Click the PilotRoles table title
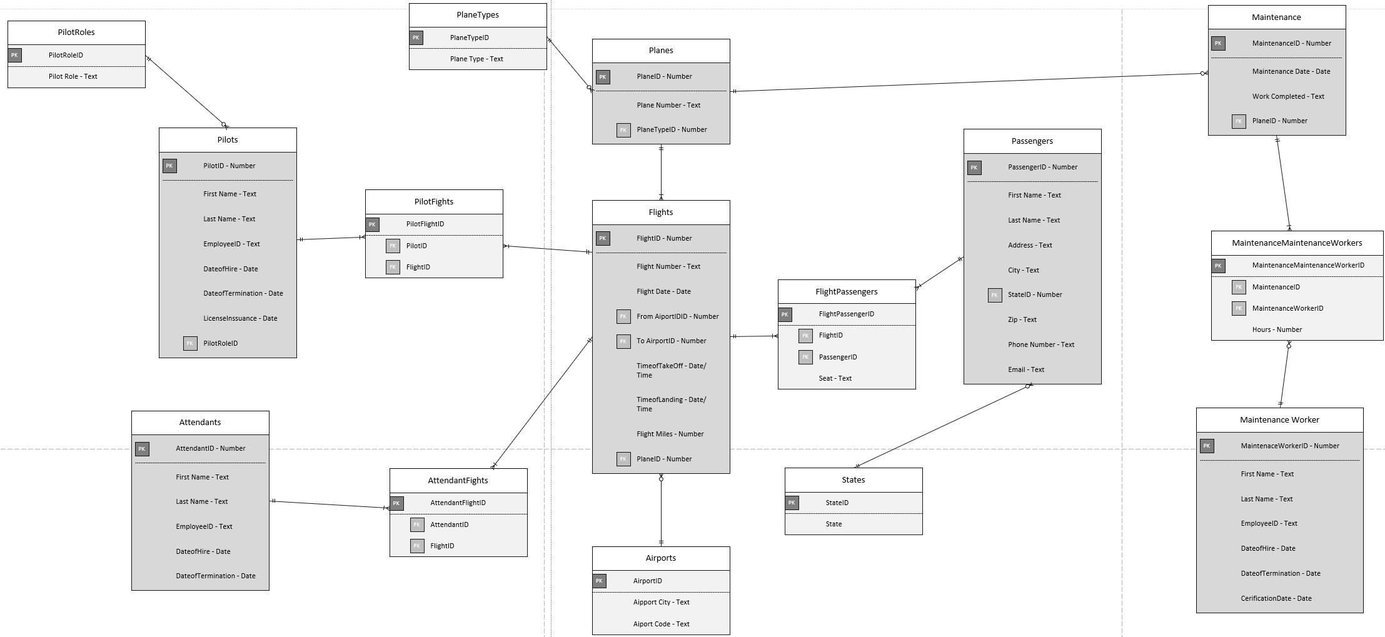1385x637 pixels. (x=76, y=33)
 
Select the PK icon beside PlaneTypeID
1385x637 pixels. (x=416, y=38)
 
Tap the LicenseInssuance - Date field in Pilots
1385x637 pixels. (x=239, y=318)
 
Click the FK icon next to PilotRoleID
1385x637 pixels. (x=190, y=343)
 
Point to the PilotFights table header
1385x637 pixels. (x=433, y=201)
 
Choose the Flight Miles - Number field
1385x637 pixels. (x=670, y=434)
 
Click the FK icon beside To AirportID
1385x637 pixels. (x=623, y=341)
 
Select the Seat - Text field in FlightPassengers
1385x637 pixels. (x=835, y=378)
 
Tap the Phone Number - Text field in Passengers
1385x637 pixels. (x=1040, y=344)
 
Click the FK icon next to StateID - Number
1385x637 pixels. (x=995, y=295)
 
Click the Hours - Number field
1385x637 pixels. (x=1277, y=329)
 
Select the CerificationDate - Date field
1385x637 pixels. (x=1276, y=598)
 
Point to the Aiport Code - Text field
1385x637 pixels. (x=661, y=624)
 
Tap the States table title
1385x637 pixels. (x=853, y=480)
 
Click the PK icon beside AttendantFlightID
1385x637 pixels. (x=396, y=503)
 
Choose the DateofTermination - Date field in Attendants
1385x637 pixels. (x=215, y=576)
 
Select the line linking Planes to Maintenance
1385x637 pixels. (x=969, y=83)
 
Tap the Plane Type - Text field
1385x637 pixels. (x=476, y=59)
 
